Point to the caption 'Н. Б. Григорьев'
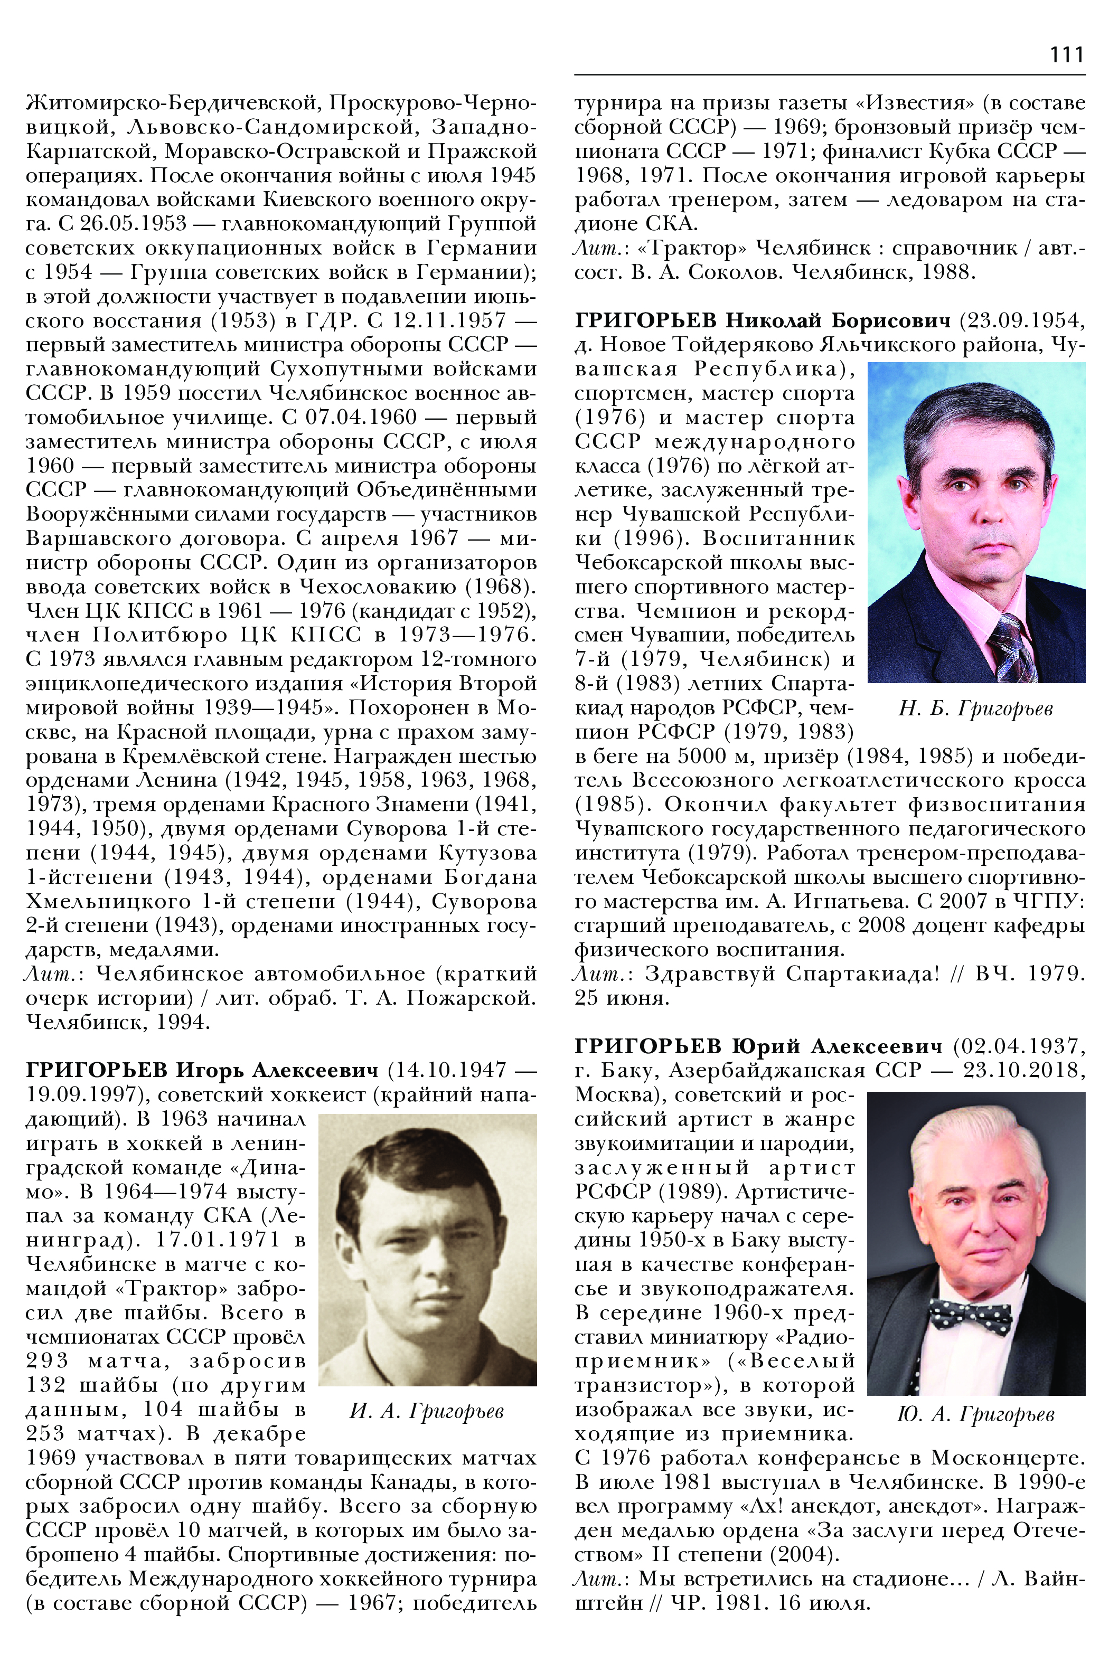click(975, 708)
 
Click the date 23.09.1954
click(1021, 321)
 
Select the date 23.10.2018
click(1023, 1071)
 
